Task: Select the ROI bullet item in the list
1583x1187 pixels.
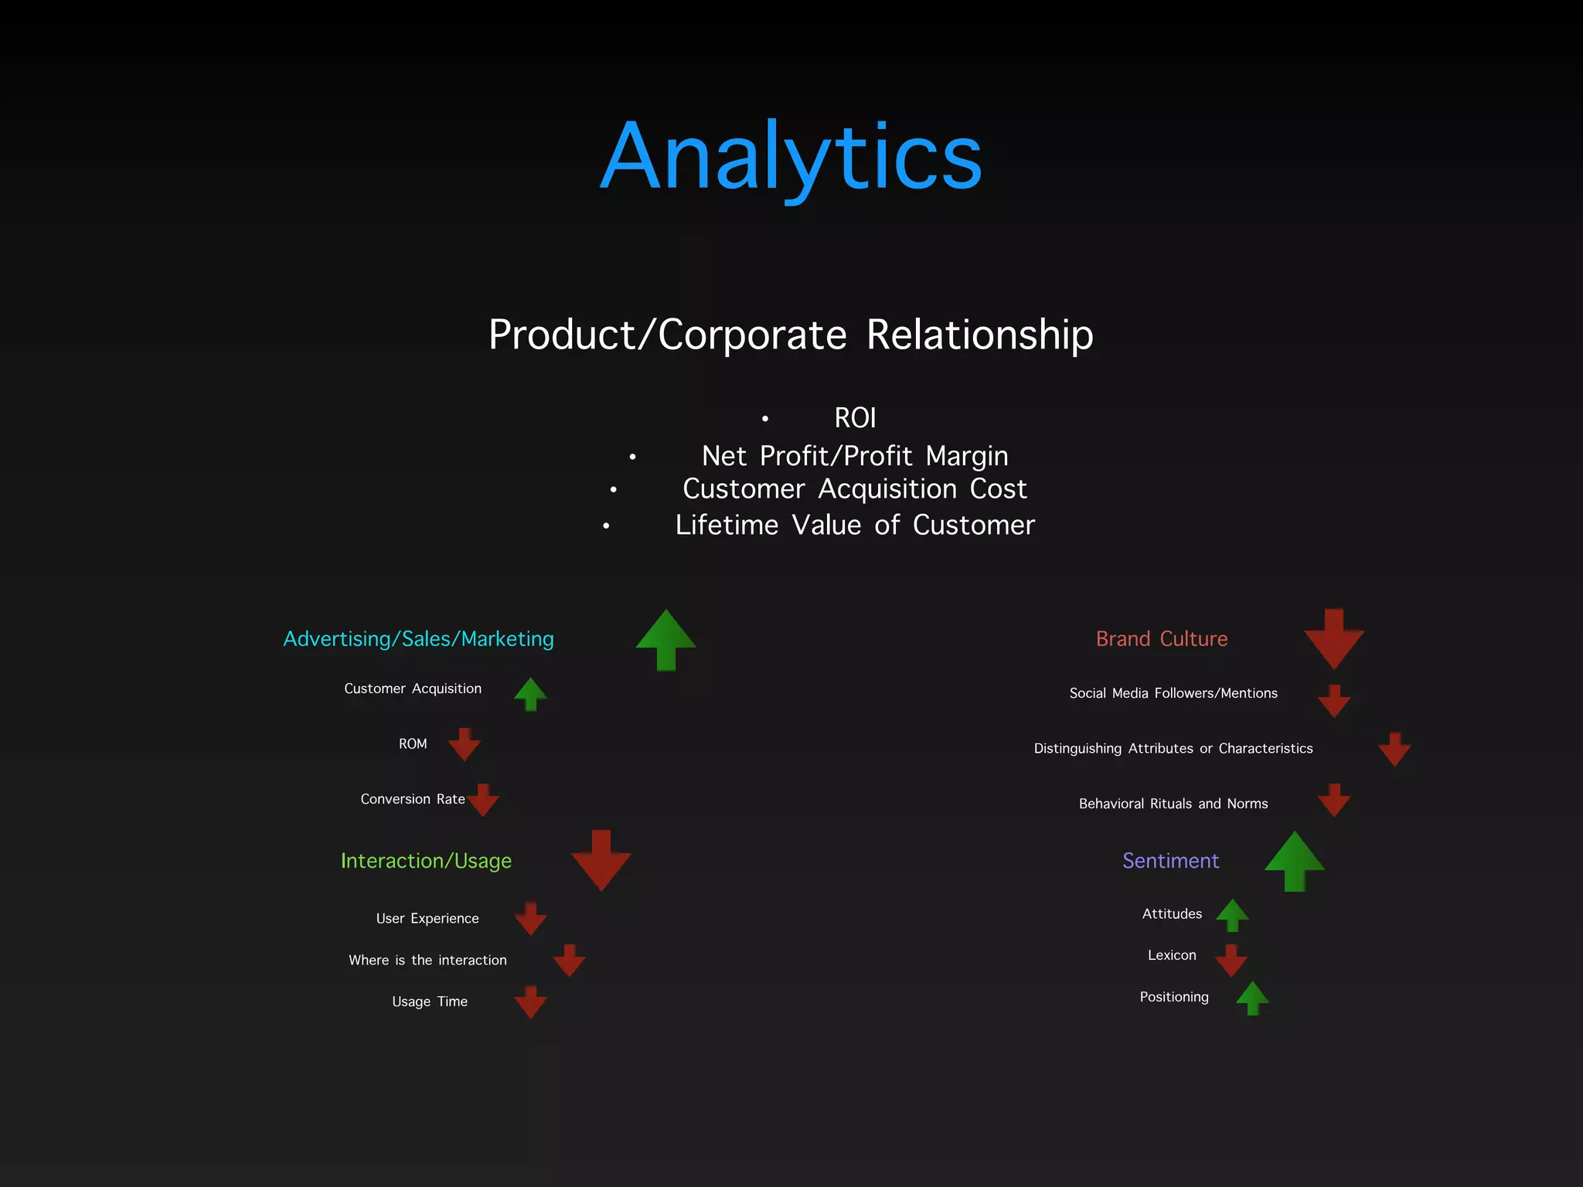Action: click(x=855, y=418)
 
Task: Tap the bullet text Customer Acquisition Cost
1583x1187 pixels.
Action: click(x=855, y=489)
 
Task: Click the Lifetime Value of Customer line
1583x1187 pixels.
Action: click(x=855, y=525)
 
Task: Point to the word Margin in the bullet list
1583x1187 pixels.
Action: click(x=966, y=456)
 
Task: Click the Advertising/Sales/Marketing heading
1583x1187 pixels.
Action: click(x=418, y=639)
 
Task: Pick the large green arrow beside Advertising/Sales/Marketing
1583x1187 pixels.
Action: click(x=666, y=639)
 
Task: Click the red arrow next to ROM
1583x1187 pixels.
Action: click(x=465, y=744)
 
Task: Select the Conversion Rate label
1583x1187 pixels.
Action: click(x=413, y=799)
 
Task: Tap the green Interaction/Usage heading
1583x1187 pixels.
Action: click(x=426, y=861)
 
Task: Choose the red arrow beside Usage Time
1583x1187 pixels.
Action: click(x=531, y=1002)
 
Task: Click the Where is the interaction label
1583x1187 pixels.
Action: click(x=427, y=961)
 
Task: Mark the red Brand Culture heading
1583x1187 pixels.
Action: click(x=1162, y=639)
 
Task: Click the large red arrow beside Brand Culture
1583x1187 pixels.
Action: click(x=1333, y=639)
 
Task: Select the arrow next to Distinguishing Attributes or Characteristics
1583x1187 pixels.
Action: click(x=1394, y=749)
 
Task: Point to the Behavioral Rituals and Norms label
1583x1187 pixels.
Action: click(x=1173, y=804)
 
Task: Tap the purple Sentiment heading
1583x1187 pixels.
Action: click(x=1170, y=861)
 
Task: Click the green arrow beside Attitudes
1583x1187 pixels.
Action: click(x=1232, y=915)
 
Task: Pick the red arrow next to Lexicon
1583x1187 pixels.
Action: click(x=1231, y=960)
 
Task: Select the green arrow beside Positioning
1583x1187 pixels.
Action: click(x=1252, y=998)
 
